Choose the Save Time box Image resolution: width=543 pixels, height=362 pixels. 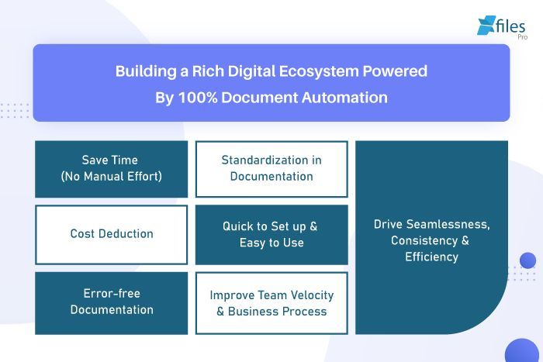tap(111, 168)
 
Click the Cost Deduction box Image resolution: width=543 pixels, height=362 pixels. tap(111, 234)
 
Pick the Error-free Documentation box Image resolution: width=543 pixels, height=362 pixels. tap(111, 302)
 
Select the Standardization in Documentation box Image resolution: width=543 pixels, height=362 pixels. tap(271, 168)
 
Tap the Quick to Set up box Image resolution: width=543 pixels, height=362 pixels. tap(271, 234)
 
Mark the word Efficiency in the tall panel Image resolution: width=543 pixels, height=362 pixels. tap(431, 257)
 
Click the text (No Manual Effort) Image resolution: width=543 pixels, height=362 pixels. tap(111, 177)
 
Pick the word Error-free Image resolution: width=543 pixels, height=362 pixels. tap(111, 294)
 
